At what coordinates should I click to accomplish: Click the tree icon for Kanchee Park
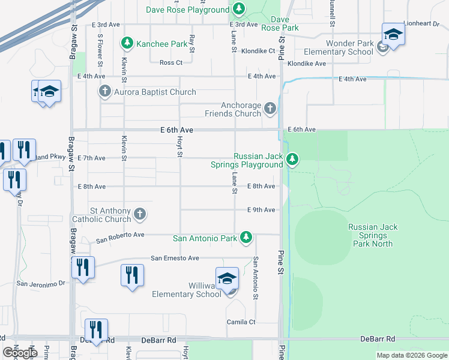(x=127, y=43)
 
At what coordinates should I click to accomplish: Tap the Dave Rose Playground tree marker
(x=239, y=9)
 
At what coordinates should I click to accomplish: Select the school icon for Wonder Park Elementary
(x=393, y=34)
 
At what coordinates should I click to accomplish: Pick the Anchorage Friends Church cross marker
(x=270, y=109)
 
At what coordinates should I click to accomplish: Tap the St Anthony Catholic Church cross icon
(x=139, y=214)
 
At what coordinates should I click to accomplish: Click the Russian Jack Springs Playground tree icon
(x=292, y=159)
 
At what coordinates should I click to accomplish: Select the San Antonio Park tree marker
(x=246, y=238)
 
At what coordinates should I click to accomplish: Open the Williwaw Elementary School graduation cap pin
(x=228, y=280)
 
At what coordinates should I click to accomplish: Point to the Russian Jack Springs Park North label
(x=373, y=235)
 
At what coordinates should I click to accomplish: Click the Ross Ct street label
(x=171, y=62)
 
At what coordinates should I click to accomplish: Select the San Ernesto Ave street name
(x=175, y=258)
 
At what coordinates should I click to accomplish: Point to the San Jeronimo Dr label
(x=40, y=283)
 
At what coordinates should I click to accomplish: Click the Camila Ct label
(x=241, y=322)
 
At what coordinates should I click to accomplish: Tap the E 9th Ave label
(x=261, y=210)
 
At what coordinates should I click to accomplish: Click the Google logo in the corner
(x=20, y=353)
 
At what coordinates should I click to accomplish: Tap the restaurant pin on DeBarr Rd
(x=96, y=329)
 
